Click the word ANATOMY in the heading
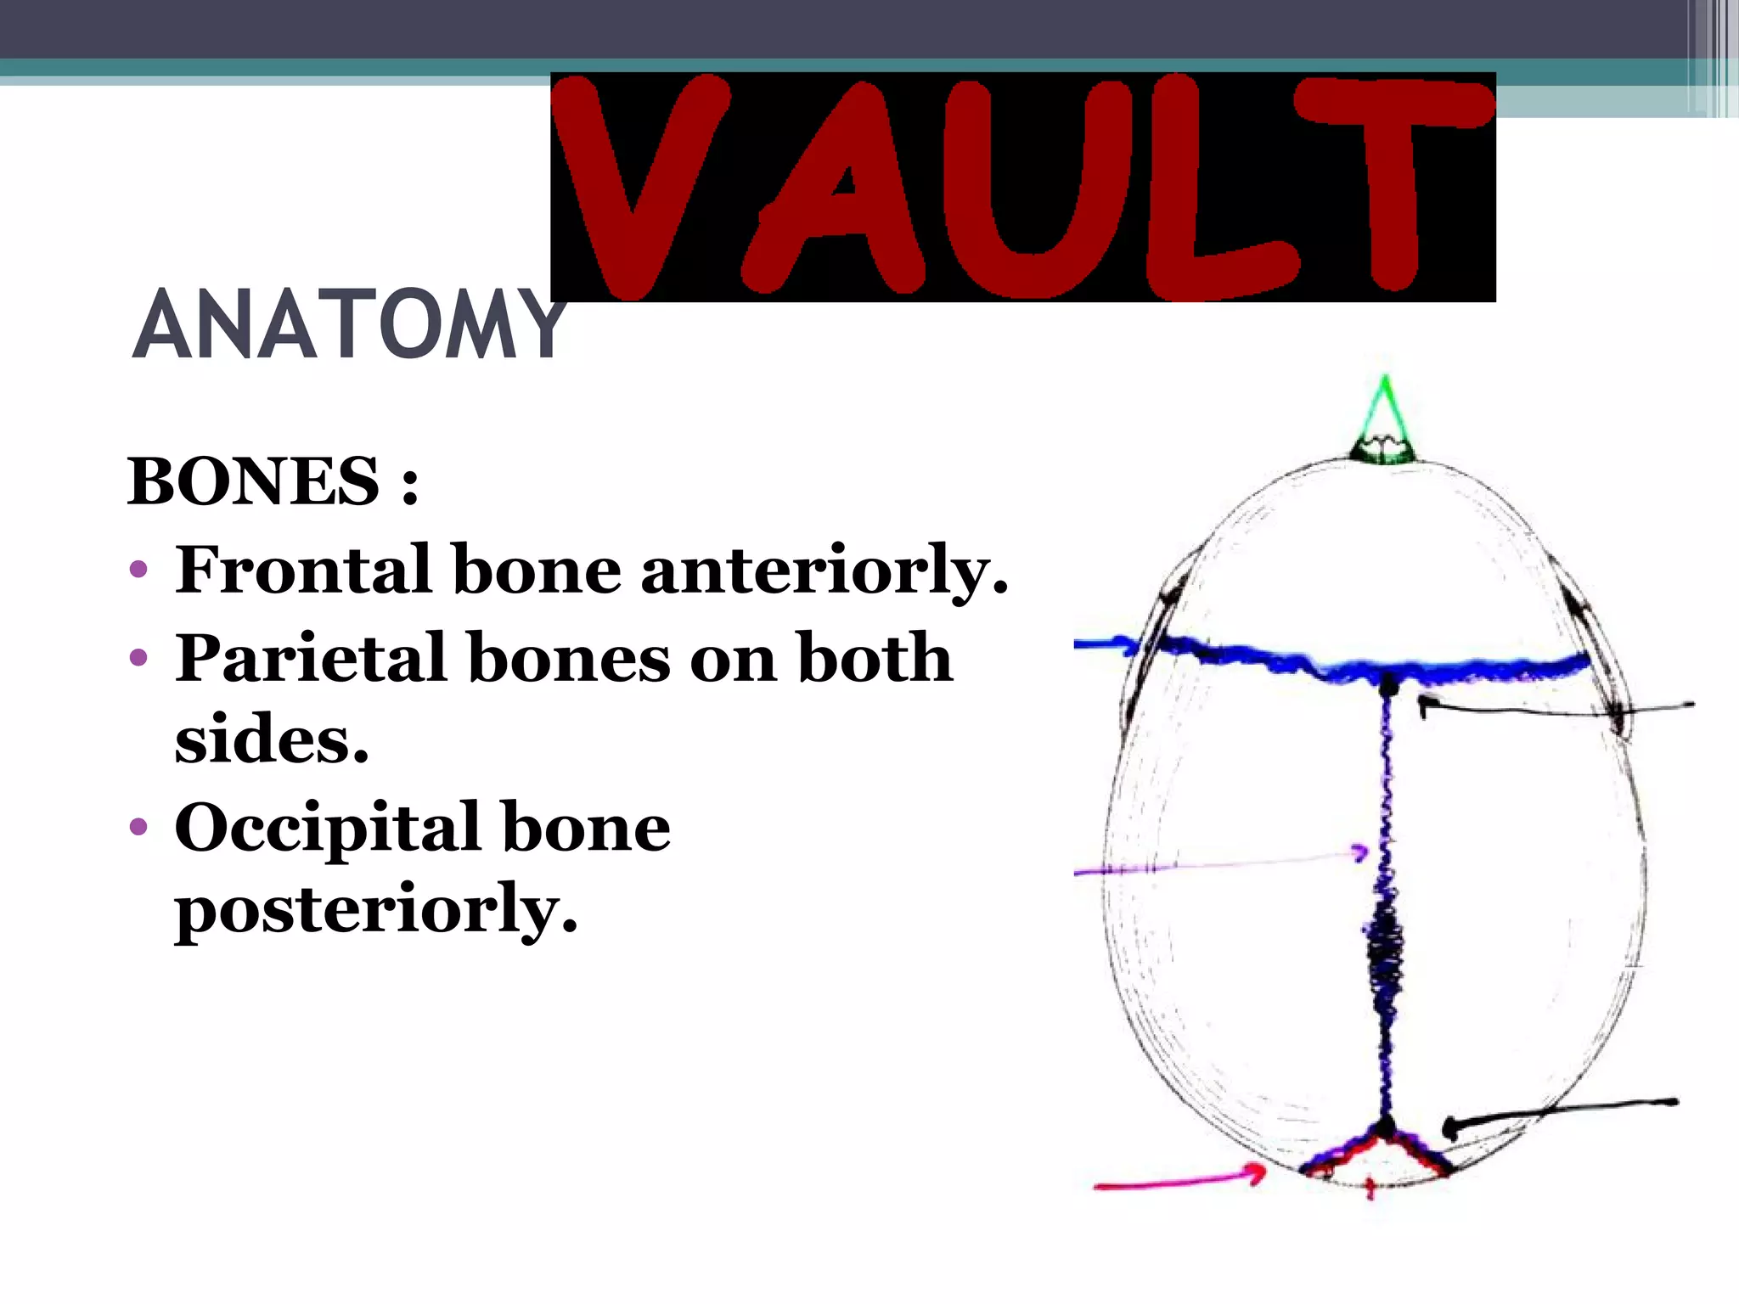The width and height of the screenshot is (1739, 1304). (348, 325)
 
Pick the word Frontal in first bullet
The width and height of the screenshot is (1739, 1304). (303, 570)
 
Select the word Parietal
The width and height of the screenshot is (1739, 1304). (310, 658)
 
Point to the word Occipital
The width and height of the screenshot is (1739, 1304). (327, 830)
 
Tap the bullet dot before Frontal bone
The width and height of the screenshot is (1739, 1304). (139, 570)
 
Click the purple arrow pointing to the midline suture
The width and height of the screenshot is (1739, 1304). (1223, 863)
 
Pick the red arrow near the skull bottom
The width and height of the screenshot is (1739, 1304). (1180, 1181)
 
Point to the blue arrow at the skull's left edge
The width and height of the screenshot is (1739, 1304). (1104, 645)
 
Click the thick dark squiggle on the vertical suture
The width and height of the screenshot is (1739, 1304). (1385, 942)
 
